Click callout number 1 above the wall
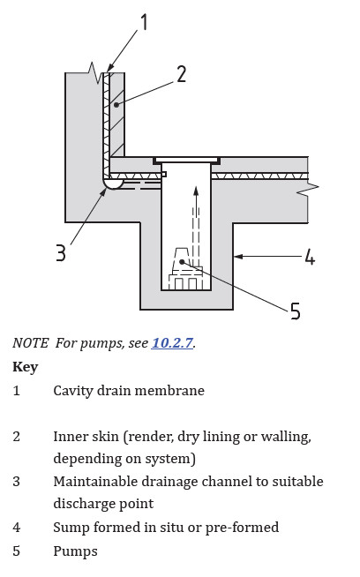coord(145,20)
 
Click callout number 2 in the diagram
coord(181,73)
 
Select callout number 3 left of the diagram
coord(60,253)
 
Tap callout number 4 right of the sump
coord(309,258)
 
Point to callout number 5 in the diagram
coord(295,311)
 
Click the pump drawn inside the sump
coord(185,268)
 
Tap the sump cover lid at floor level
coord(186,161)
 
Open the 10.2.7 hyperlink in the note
coord(171,343)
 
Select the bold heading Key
coord(25,366)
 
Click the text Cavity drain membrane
coord(129,390)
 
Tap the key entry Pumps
coord(75,551)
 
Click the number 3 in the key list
coord(17,482)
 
